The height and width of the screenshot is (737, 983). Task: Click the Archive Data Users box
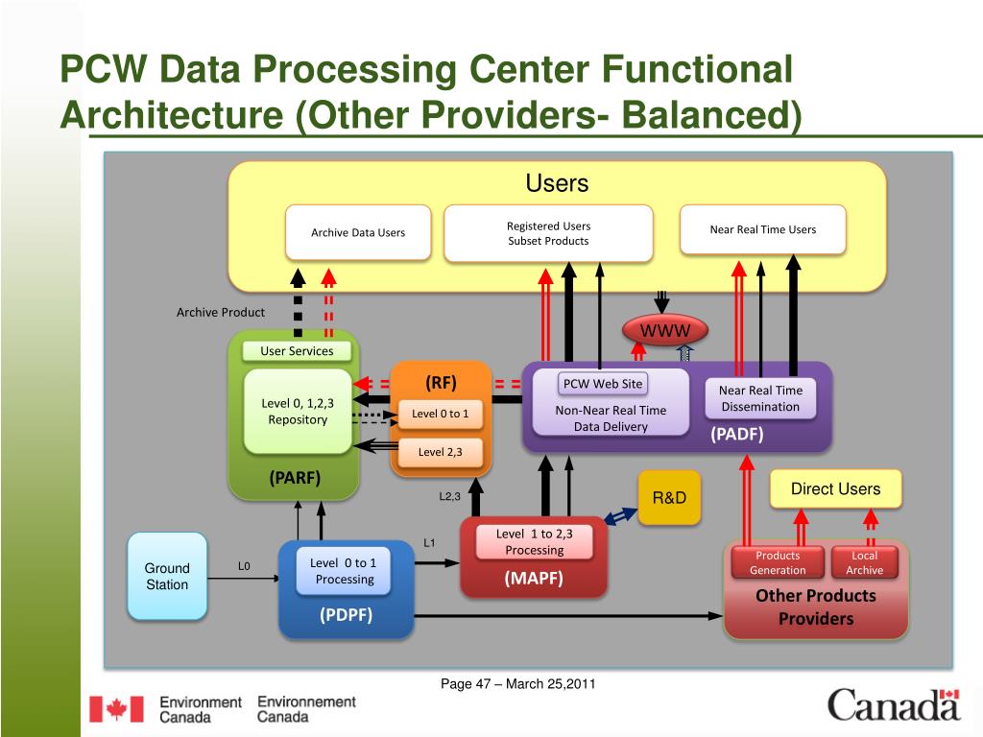pos(358,232)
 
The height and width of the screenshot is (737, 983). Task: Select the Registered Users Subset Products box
pos(548,233)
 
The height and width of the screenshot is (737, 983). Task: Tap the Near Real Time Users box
pos(762,229)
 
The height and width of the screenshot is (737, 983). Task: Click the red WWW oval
pos(665,330)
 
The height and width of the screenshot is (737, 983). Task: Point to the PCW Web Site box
pos(603,384)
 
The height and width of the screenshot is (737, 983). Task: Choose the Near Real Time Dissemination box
pos(760,398)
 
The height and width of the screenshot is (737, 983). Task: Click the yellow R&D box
pos(669,498)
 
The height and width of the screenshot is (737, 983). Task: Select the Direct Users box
pos(835,489)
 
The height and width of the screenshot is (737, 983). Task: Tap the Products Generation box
pos(778,563)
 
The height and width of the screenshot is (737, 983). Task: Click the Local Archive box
pos(864,563)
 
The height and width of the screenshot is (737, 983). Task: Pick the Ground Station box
pos(167,576)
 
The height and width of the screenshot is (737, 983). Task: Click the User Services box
pos(297,350)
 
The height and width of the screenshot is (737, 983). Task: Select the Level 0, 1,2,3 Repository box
pos(298,411)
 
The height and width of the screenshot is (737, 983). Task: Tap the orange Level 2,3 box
pos(441,452)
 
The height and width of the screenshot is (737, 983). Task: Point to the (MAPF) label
pos(534,578)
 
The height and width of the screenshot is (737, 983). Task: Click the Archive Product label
pos(221,312)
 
